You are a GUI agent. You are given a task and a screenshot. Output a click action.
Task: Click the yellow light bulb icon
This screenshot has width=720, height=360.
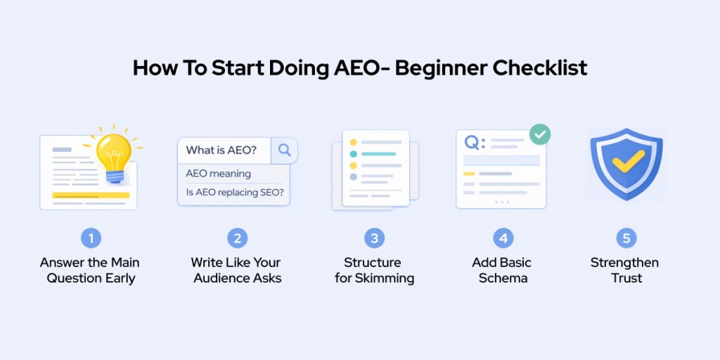pyautogui.click(x=112, y=153)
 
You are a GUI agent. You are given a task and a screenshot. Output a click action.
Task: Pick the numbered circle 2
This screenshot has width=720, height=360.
pyautogui.click(x=237, y=238)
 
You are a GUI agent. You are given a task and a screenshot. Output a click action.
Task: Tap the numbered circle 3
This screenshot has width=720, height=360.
pyautogui.click(x=374, y=238)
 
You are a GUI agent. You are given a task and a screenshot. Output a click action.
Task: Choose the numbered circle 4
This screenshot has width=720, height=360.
pyautogui.click(x=502, y=238)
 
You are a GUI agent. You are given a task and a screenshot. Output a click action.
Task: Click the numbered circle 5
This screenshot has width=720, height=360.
pyautogui.click(x=626, y=238)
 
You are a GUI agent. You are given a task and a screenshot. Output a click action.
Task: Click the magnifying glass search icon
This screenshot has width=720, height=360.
pyautogui.click(x=285, y=150)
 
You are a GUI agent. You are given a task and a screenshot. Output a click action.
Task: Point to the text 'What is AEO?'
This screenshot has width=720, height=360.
pyautogui.click(x=221, y=150)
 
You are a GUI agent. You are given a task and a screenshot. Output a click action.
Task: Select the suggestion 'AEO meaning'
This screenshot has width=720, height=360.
pyautogui.click(x=218, y=173)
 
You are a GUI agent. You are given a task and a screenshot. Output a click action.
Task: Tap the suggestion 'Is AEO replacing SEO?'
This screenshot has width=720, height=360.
pyautogui.click(x=234, y=192)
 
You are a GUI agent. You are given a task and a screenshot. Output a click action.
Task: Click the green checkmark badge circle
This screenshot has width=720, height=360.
pyautogui.click(x=539, y=134)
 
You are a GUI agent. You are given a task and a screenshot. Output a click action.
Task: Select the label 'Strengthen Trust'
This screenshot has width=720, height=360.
pyautogui.click(x=624, y=270)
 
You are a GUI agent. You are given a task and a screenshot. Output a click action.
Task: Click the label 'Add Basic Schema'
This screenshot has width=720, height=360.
pyautogui.click(x=501, y=270)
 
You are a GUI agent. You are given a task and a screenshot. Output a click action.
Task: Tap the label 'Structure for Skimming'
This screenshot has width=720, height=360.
pyautogui.click(x=373, y=270)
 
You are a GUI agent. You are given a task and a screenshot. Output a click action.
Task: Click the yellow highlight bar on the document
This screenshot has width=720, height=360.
pyautogui.click(x=91, y=195)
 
